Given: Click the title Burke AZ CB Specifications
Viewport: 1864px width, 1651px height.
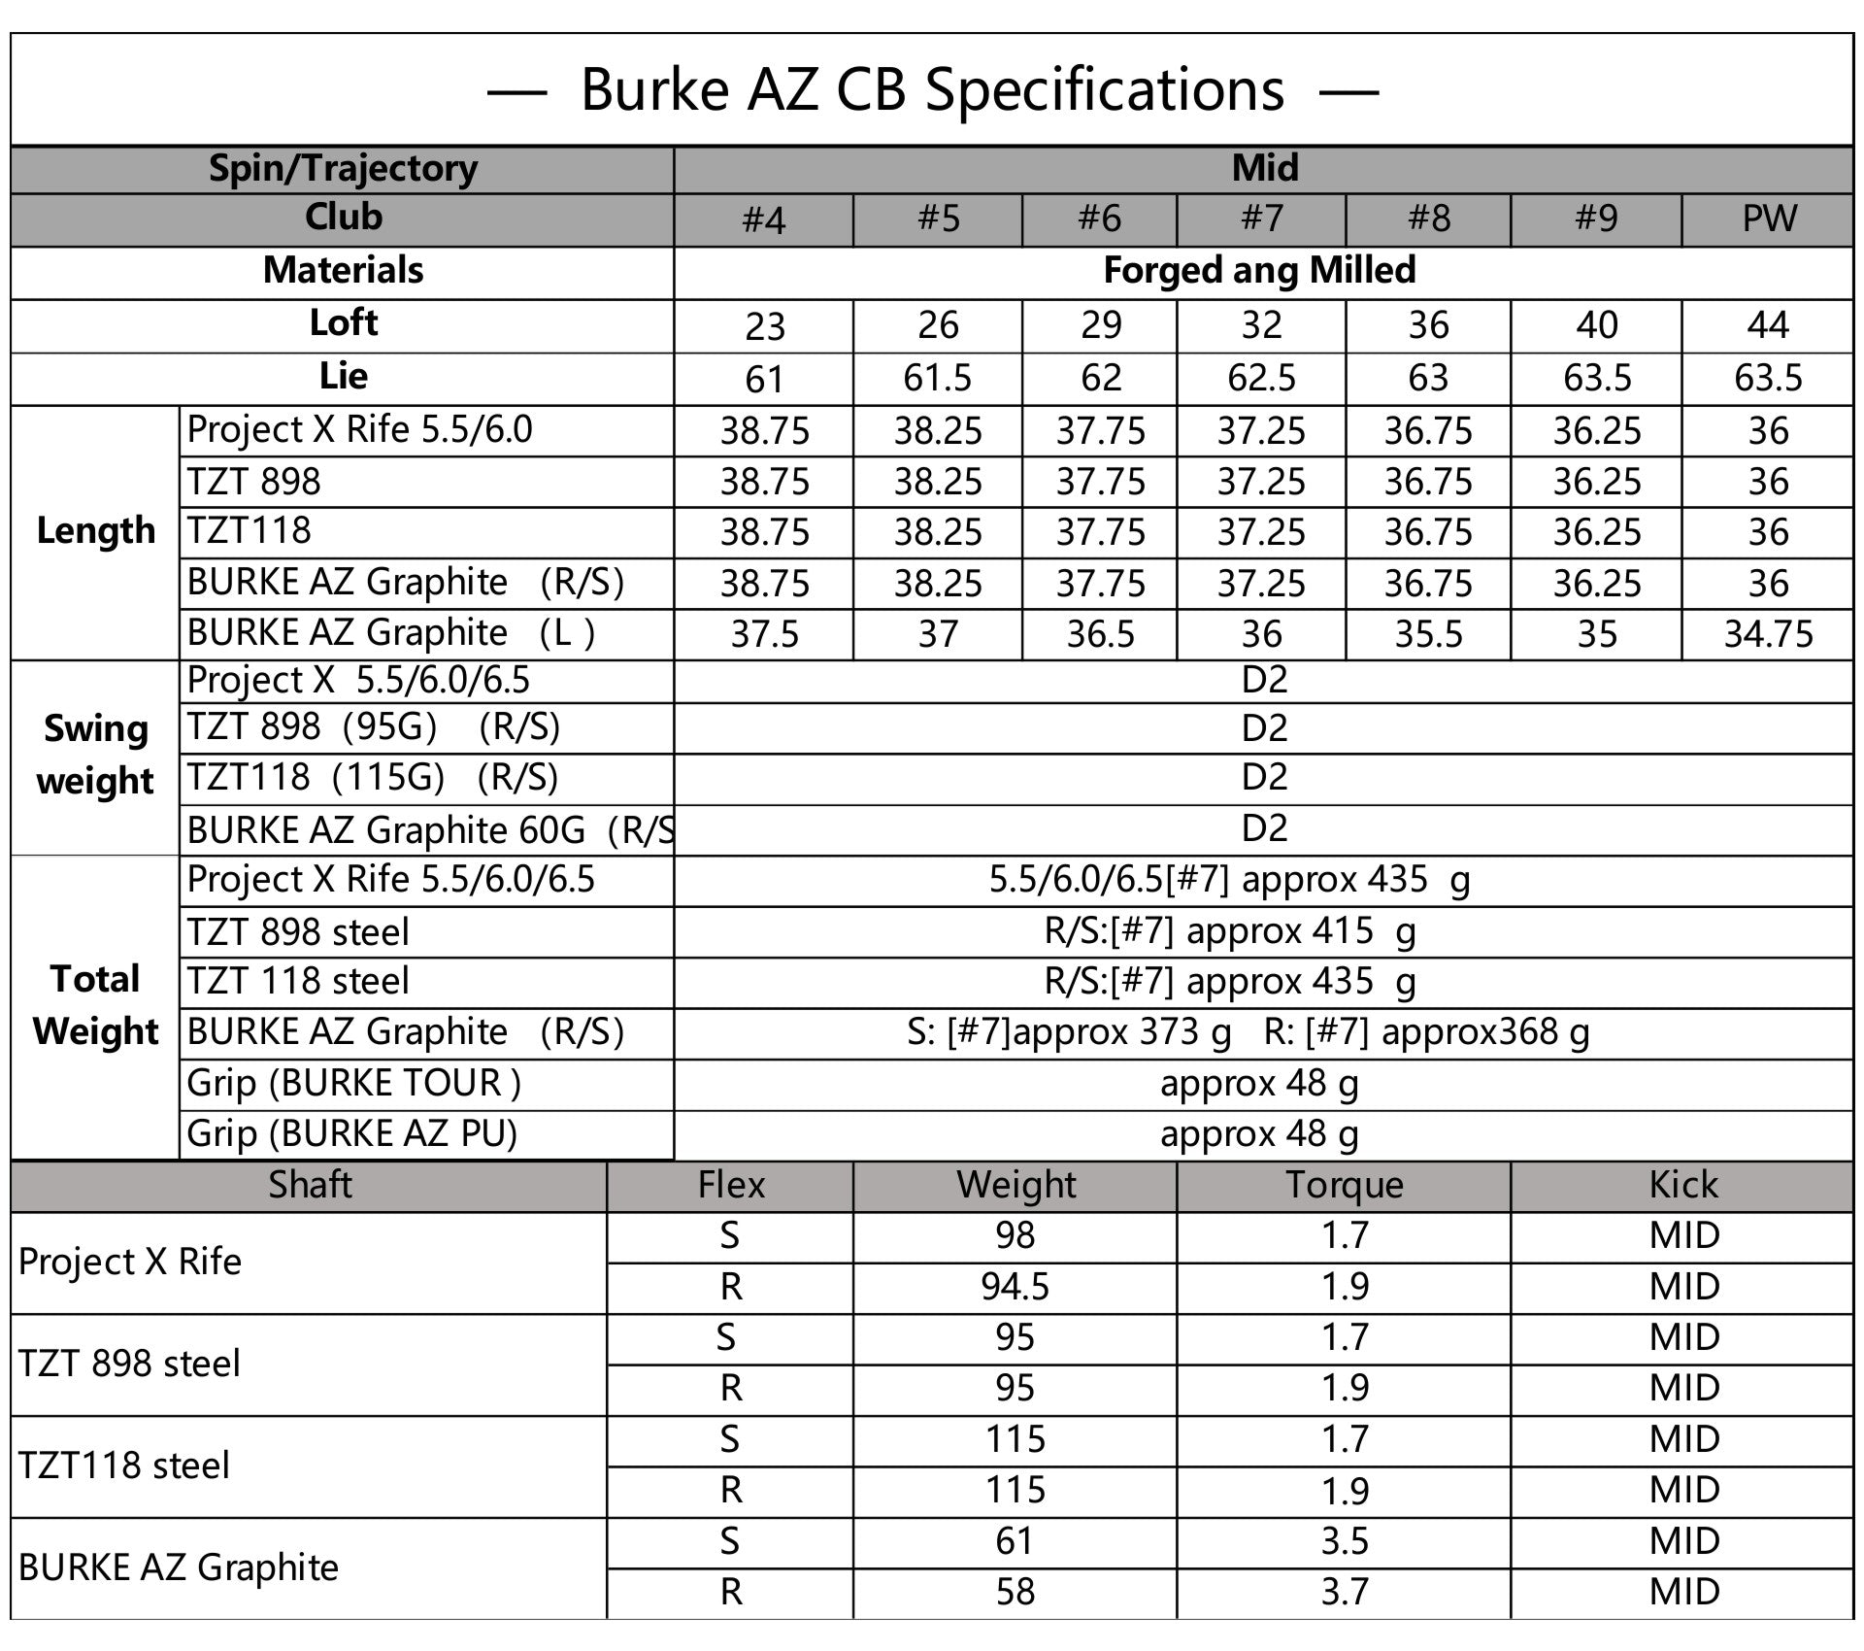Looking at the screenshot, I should point(932,90).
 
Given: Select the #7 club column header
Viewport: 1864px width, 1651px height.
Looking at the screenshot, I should point(1261,219).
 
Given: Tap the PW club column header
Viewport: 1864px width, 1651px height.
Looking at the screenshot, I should point(1768,219).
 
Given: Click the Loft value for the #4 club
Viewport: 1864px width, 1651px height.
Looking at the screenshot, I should point(764,326).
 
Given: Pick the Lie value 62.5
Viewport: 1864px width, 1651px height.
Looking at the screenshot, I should point(1261,378).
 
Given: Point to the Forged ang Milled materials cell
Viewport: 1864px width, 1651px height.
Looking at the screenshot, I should point(1259,271).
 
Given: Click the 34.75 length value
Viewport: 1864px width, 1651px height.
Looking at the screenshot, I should point(1768,634).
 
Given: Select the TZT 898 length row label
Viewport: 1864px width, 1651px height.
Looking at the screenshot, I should point(254,482).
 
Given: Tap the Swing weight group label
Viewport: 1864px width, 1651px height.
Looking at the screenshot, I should point(95,756).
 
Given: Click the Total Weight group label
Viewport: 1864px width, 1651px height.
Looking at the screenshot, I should point(95,1005).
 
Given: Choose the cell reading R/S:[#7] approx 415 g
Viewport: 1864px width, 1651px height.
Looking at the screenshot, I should point(1229,931).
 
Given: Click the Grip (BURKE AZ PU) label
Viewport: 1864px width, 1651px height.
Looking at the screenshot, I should point(351,1133).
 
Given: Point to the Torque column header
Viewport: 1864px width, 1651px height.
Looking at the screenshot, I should point(1344,1185).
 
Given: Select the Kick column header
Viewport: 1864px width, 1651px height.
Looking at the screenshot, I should point(1682,1185).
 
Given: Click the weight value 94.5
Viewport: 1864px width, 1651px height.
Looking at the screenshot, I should point(1015,1287).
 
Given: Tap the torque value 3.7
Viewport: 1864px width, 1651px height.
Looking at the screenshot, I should point(1345,1592).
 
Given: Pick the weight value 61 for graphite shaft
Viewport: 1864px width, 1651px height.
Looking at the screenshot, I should point(1015,1541).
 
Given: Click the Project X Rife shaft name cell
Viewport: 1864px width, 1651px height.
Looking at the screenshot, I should point(130,1262).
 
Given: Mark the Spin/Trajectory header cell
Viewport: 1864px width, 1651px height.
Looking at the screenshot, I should point(343,169).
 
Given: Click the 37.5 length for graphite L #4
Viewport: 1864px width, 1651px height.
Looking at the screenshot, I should point(764,634).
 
